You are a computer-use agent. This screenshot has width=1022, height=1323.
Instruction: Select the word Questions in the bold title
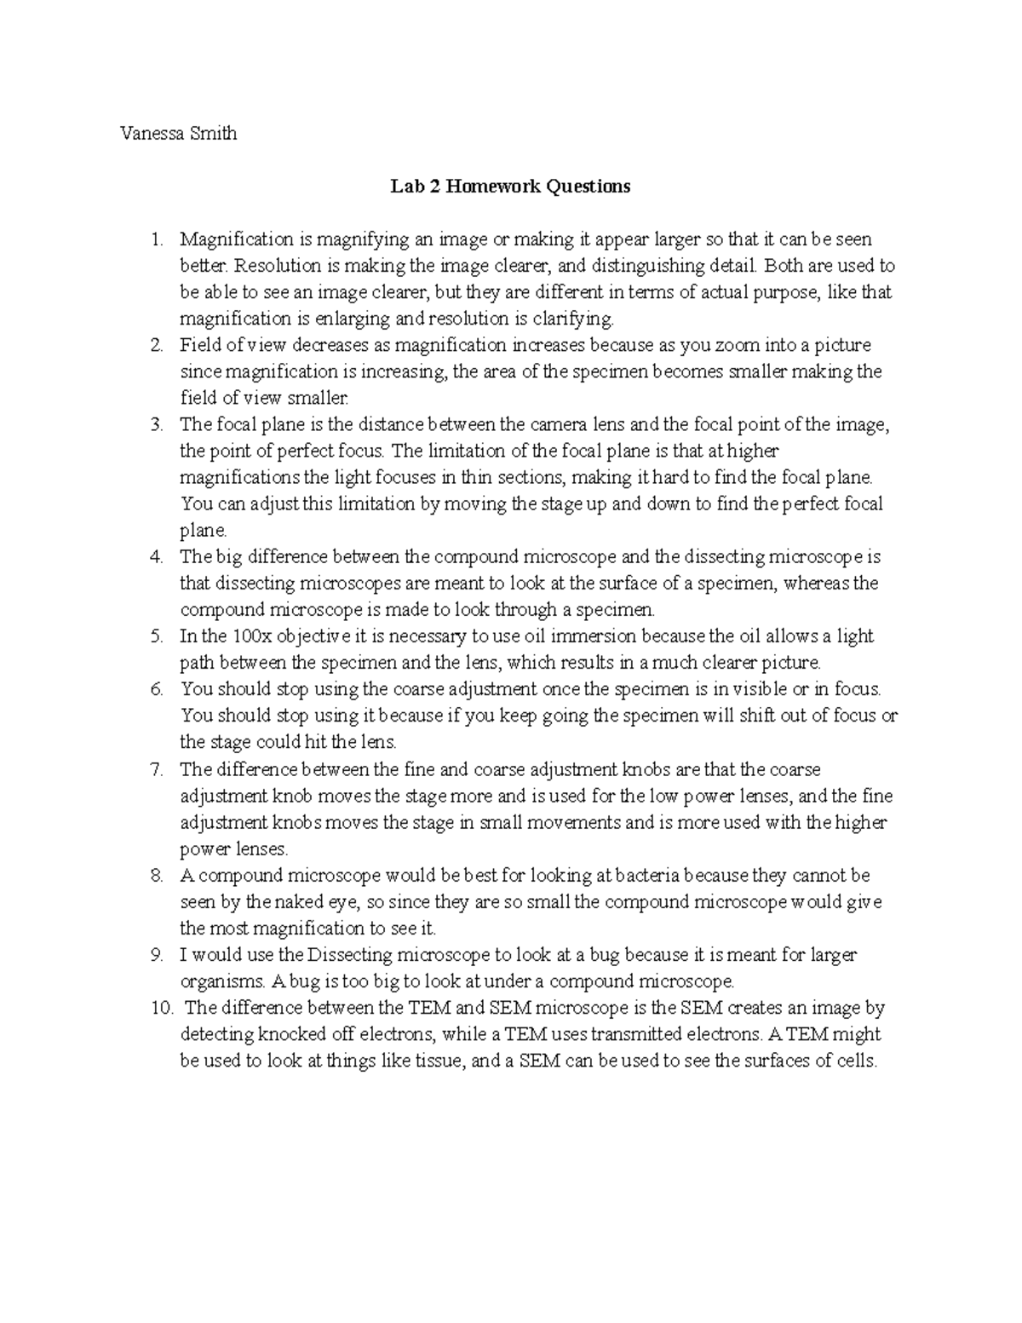point(589,186)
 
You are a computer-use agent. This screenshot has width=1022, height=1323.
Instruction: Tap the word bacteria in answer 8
point(648,875)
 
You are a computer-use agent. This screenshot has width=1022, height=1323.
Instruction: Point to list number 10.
point(161,1008)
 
